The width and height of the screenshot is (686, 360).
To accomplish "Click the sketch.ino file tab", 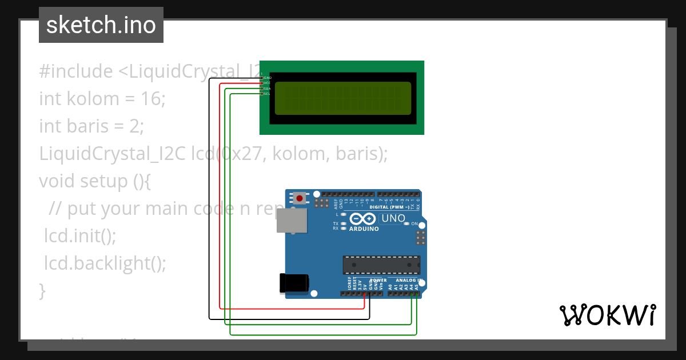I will tap(101, 25).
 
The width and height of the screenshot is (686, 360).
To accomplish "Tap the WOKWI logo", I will tap(607, 315).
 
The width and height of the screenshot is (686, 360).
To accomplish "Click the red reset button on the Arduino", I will tap(299, 198).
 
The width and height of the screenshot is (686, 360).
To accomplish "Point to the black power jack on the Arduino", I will tap(294, 283).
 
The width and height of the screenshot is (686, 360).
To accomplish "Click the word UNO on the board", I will tap(393, 218).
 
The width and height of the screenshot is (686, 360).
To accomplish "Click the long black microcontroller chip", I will tap(381, 265).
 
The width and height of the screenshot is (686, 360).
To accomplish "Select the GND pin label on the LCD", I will tap(267, 78).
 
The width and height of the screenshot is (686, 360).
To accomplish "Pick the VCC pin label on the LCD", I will tap(267, 83).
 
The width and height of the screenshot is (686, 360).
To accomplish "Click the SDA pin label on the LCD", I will tap(267, 89).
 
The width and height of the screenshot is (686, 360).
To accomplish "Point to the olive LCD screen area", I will tap(343, 98).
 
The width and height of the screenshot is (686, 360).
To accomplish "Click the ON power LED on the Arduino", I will tap(406, 223).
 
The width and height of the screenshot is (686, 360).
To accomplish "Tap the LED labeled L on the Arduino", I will tap(342, 214).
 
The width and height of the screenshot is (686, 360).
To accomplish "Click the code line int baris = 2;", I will tap(91, 126).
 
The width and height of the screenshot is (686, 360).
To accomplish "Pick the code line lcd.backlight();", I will tap(105, 263).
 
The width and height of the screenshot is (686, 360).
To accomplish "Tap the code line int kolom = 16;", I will tap(102, 99).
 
